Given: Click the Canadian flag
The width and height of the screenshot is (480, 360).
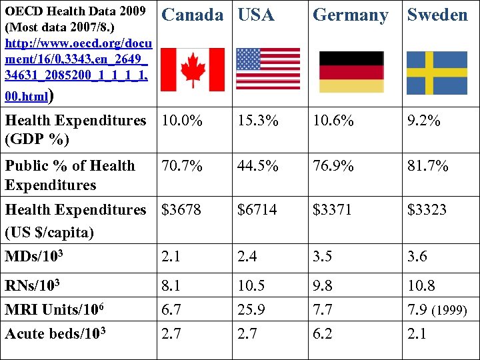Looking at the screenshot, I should tap(193, 69).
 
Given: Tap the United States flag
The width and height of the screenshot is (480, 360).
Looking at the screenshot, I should tap(268, 69).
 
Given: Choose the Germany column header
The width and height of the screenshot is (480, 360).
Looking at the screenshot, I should tap(350, 15).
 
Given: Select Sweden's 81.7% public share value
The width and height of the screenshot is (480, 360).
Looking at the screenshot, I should tap(428, 166).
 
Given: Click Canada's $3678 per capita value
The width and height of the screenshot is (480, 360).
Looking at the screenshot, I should tap(181, 210).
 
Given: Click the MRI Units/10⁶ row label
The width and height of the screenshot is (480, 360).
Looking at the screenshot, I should tap(54, 310).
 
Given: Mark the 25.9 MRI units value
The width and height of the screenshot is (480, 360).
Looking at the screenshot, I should tap(251, 310).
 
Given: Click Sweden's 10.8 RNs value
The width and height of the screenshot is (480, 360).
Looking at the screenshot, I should tap(421, 286).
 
